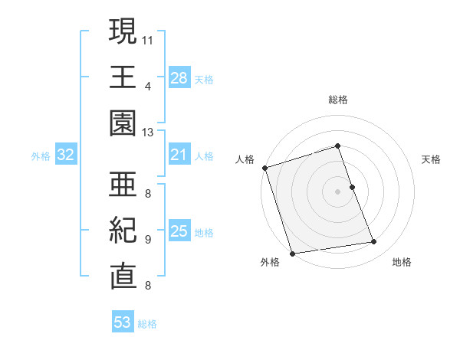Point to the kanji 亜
point(123,184)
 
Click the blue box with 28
point(179,77)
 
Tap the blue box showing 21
point(179,155)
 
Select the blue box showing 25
point(179,232)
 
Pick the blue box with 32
point(66,155)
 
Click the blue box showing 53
point(123,322)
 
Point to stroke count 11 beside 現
point(148,38)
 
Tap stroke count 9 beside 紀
point(147,239)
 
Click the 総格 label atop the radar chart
point(338,100)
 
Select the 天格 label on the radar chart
point(432,159)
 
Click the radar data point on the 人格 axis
point(264,168)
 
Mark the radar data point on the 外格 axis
point(292,254)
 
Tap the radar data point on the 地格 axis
point(374,242)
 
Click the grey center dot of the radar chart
point(338,191)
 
